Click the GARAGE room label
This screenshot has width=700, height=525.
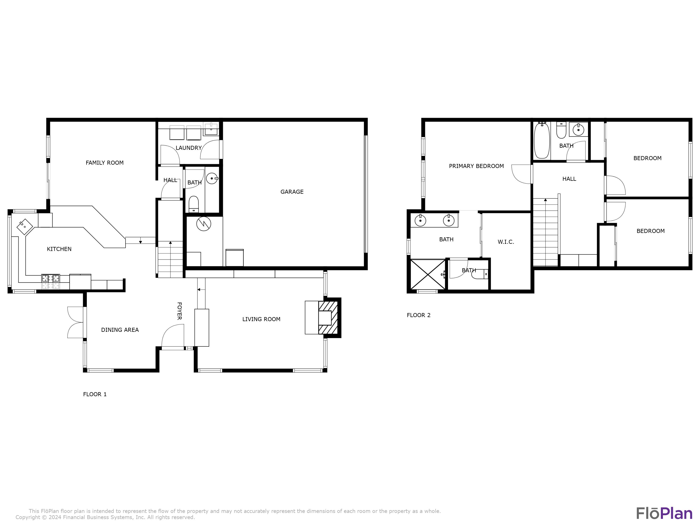(292, 192)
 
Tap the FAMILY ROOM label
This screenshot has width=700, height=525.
(105, 163)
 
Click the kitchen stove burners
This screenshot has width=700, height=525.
(51, 278)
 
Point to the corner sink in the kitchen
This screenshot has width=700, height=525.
(25, 227)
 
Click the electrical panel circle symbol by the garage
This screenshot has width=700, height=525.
(203, 224)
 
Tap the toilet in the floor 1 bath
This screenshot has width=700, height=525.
(193, 204)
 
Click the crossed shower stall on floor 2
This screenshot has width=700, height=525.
(427, 274)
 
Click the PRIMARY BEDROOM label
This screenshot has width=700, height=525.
(476, 166)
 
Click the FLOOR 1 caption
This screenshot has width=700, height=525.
(95, 394)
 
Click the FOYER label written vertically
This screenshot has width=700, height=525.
(179, 311)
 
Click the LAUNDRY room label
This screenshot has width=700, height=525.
(189, 148)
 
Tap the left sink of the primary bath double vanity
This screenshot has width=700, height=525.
(420, 220)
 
